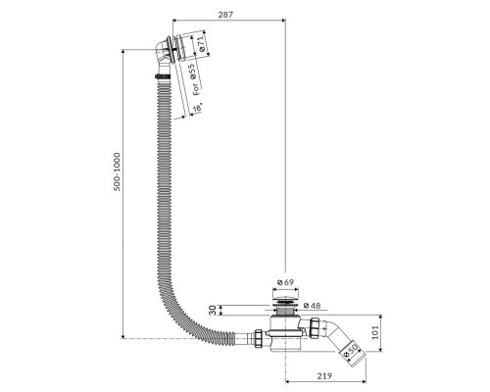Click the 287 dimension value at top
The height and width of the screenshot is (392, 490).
(225, 15)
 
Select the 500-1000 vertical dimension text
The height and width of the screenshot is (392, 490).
(117, 171)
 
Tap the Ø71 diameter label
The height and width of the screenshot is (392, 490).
(200, 44)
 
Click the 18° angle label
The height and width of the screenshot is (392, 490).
(197, 108)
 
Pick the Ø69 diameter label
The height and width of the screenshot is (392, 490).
(285, 282)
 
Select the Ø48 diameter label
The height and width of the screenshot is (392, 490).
(312, 306)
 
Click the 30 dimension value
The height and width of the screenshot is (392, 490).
(213, 310)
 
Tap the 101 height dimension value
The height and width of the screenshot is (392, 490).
(375, 332)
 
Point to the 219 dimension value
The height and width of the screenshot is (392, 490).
(324, 376)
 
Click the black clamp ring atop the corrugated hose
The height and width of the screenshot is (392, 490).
(163, 76)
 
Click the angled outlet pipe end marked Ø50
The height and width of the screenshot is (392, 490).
(352, 353)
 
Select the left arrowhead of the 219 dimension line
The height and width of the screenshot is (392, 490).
(288, 381)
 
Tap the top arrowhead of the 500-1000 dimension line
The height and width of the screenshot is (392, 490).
(122, 52)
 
